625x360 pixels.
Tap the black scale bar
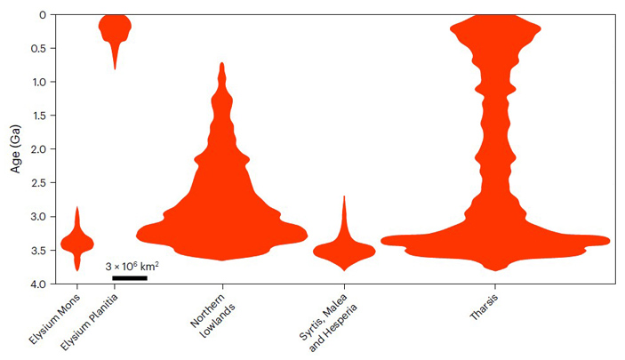pyautogui.click(x=130, y=278)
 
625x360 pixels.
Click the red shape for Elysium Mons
pyautogui.click(x=77, y=242)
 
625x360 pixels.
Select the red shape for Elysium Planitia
pyautogui.click(x=115, y=28)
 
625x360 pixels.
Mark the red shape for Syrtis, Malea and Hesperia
pyautogui.click(x=344, y=250)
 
